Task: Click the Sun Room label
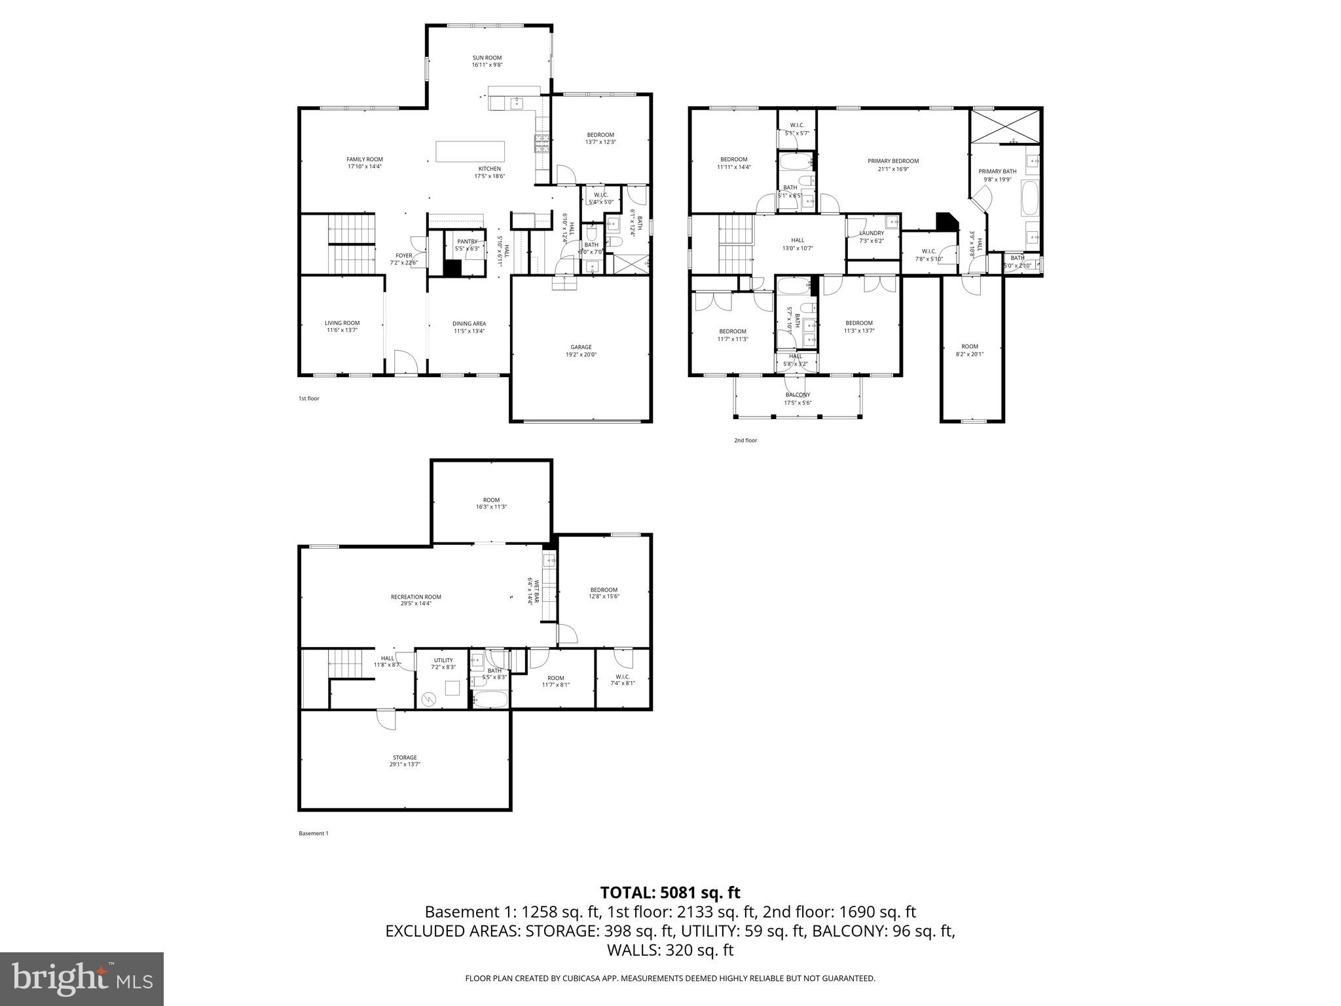pyautogui.click(x=487, y=58)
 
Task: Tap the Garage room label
pyautogui.click(x=581, y=347)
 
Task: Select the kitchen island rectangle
pyautogui.click(x=471, y=151)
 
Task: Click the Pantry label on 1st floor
pyautogui.click(x=467, y=242)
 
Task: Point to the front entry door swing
pyautogui.click(x=405, y=362)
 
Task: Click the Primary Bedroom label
pyautogui.click(x=892, y=161)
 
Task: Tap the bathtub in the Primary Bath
pyautogui.click(x=1030, y=199)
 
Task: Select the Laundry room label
pyautogui.click(x=871, y=233)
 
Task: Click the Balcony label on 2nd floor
pyautogui.click(x=798, y=395)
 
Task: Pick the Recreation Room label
pyautogui.click(x=416, y=597)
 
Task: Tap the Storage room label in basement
pyautogui.click(x=405, y=758)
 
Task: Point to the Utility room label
pyautogui.click(x=443, y=660)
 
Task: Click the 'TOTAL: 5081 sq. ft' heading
pyautogui.click(x=670, y=893)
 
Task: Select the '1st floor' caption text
pyautogui.click(x=308, y=398)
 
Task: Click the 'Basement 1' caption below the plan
pyautogui.click(x=313, y=834)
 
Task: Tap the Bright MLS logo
pyautogui.click(x=82, y=979)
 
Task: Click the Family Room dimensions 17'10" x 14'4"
pyautogui.click(x=365, y=166)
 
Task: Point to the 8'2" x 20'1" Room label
pyautogui.click(x=969, y=350)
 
